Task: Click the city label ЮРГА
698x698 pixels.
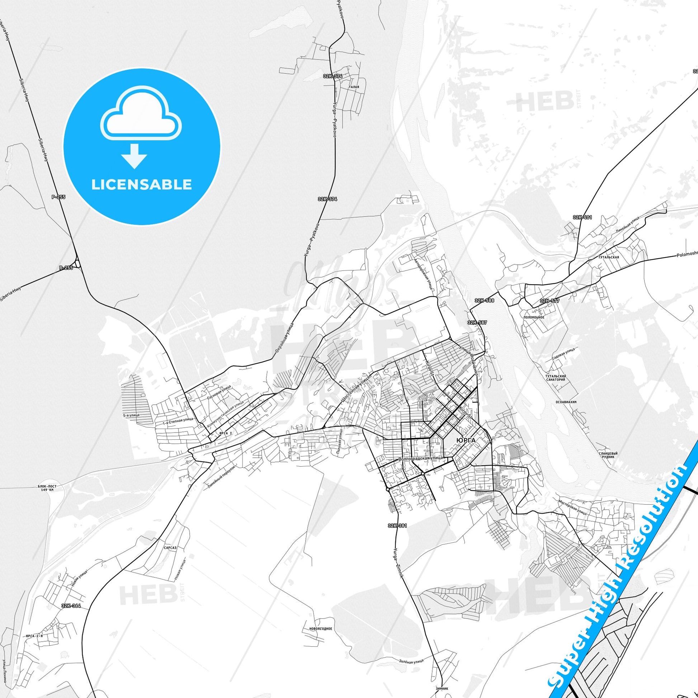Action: [466, 440]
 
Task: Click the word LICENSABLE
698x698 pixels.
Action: [142, 184]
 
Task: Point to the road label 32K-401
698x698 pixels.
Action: [582, 217]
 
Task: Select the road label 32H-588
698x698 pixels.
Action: [485, 300]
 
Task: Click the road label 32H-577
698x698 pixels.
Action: [550, 301]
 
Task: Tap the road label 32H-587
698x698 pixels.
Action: [477, 322]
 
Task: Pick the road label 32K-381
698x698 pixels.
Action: [397, 526]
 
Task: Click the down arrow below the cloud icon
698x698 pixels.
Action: [134, 156]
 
